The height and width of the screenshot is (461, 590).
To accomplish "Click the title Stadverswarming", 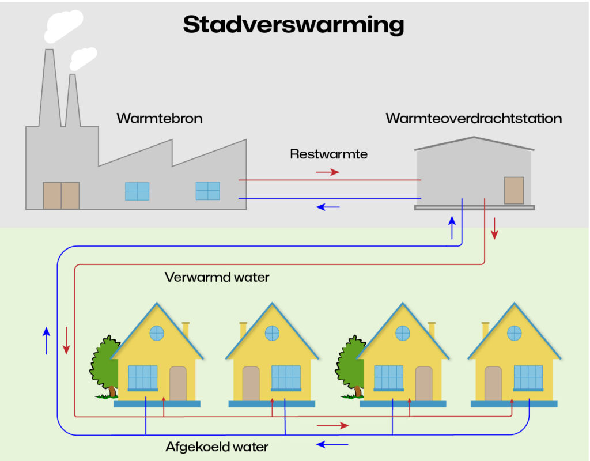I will [293, 25].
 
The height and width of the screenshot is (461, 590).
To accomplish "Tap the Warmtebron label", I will [159, 119].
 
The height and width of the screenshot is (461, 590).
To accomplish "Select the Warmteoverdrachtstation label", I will [474, 119].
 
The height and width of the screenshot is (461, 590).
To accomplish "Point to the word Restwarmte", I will [328, 154].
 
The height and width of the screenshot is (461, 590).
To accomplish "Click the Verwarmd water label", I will [217, 277].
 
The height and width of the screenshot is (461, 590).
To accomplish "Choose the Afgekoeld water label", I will [217, 446].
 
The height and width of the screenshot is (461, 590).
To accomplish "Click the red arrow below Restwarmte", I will [327, 172].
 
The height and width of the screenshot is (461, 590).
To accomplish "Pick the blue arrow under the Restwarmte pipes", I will [327, 207].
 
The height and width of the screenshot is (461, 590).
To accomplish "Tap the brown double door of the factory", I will [61, 195].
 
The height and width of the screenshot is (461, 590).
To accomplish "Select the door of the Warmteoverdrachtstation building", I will [513, 190].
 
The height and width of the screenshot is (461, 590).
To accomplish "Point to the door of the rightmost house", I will [493, 383].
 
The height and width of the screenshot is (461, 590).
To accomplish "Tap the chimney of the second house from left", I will [243, 330].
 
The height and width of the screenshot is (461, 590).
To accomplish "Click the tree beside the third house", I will [349, 366].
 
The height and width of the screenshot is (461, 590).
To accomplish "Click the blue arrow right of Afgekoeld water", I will [333, 444].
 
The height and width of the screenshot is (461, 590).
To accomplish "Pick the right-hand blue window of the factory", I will [207, 191].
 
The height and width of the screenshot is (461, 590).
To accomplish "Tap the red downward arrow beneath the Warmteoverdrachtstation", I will [494, 231].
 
